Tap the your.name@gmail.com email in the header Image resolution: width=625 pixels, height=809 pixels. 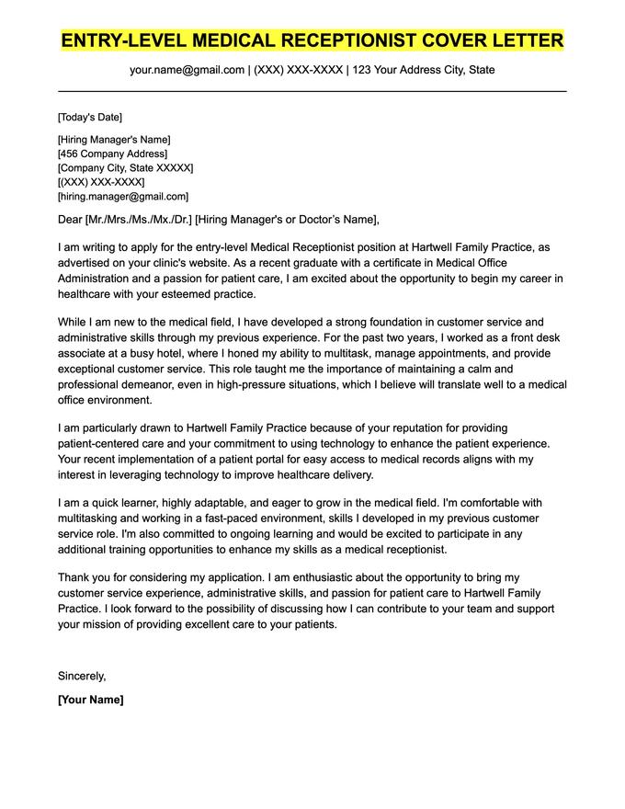tap(187, 70)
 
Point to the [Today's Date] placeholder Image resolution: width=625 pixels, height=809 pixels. tap(89, 117)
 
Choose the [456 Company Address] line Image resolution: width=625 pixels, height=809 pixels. tap(112, 154)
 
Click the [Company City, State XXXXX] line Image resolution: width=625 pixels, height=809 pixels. tap(125, 168)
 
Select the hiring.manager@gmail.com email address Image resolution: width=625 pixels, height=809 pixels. tap(123, 197)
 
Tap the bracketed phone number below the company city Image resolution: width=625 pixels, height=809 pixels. tap(101, 182)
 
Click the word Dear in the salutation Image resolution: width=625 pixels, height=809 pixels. tap(69, 219)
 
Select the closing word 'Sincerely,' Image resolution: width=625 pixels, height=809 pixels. tap(82, 676)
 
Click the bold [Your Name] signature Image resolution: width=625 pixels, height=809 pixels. tap(90, 700)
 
